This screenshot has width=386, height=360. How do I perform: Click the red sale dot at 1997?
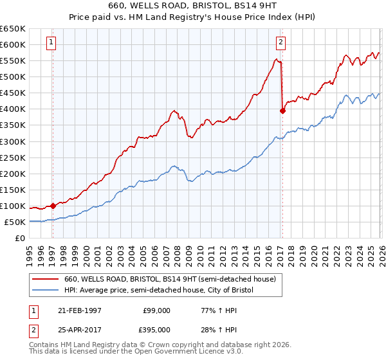click(x=53, y=206)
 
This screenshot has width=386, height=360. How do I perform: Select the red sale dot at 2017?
click(x=282, y=111)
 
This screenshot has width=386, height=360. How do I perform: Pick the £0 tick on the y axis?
click(x=21, y=239)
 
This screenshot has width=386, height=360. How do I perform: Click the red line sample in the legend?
click(x=46, y=279)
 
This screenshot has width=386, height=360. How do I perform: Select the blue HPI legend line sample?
click(x=46, y=291)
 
